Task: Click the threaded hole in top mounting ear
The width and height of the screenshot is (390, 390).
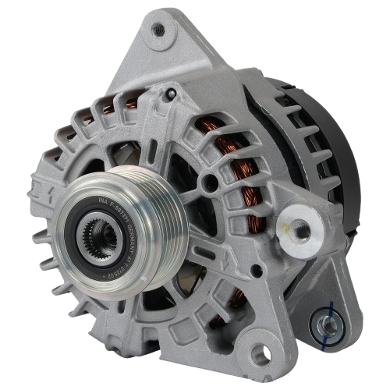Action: coord(158,30)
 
